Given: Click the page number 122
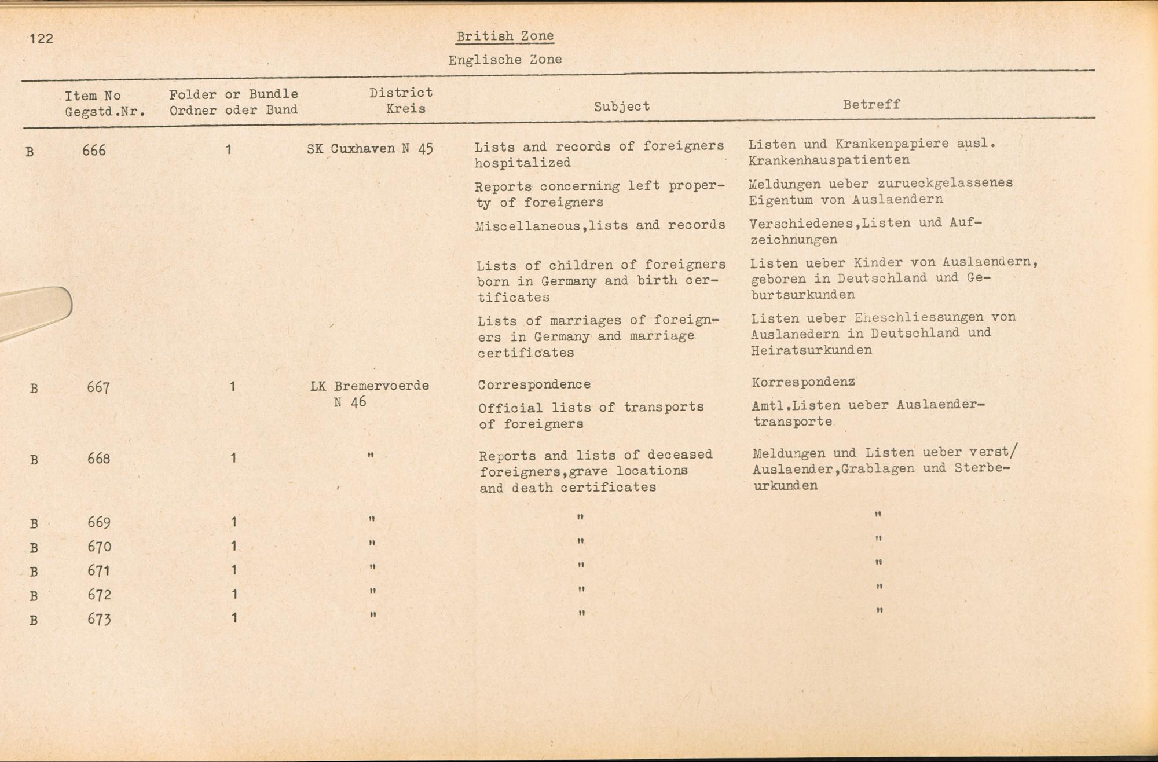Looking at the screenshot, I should click(41, 39).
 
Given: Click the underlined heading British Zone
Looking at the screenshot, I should click(504, 36).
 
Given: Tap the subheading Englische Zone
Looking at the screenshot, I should click(504, 60).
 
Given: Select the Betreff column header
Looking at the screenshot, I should click(871, 105).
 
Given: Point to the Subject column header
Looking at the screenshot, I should click(621, 107).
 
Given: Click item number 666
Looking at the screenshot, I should click(94, 151).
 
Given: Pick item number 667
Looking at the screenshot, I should click(98, 387).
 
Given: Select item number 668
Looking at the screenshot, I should click(98, 459).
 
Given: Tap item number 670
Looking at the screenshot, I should click(99, 547).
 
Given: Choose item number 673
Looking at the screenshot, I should click(99, 620).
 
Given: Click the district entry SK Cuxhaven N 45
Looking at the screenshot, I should click(370, 149).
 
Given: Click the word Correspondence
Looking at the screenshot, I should click(534, 384).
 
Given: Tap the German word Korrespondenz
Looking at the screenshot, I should click(804, 383).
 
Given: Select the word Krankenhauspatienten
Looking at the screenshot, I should click(829, 160).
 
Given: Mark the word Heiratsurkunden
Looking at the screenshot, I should click(811, 350).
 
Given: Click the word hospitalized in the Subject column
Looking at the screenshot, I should click(522, 163).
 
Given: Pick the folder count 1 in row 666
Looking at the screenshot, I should click(229, 150).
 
